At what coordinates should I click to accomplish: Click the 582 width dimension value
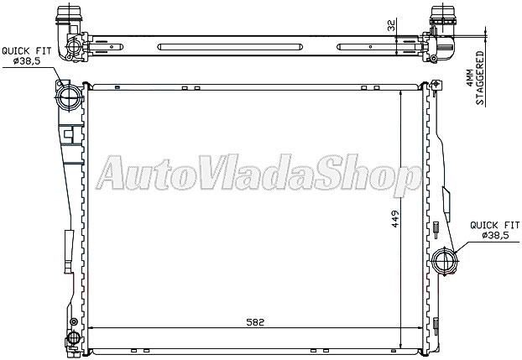tap(255, 322)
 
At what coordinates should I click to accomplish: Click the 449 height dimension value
tap(394, 219)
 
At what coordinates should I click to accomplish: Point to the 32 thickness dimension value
tap(391, 26)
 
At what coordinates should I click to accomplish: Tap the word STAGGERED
tap(480, 78)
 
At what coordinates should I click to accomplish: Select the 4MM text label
tap(469, 78)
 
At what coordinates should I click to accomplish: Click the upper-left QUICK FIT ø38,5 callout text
tap(27, 56)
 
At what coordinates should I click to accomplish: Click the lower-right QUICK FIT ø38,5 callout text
tap(494, 230)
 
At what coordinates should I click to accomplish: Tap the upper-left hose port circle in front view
tap(69, 97)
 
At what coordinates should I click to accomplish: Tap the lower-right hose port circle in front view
tap(444, 261)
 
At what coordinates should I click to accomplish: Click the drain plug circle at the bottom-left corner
tap(74, 337)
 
